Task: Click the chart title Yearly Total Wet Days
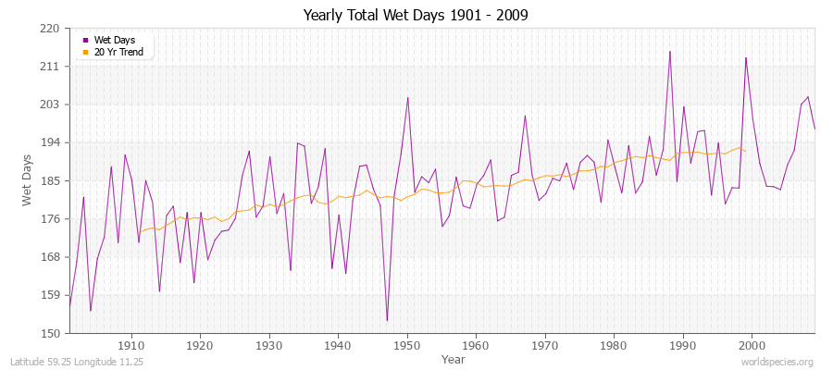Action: tap(416, 16)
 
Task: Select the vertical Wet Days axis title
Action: tap(28, 180)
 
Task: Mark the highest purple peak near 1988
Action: tap(669, 51)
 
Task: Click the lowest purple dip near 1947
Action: tap(387, 321)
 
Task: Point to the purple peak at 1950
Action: tap(407, 97)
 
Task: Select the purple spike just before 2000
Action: tap(745, 57)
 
